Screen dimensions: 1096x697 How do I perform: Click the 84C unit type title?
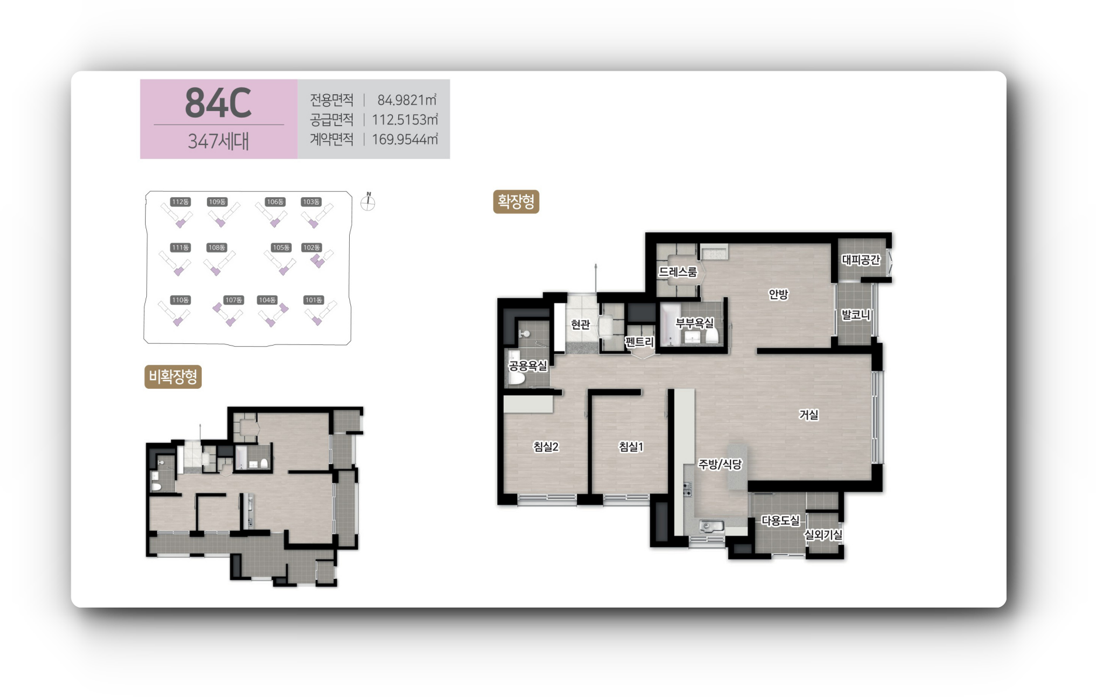(x=218, y=103)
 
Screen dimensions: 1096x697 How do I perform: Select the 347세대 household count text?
(x=218, y=141)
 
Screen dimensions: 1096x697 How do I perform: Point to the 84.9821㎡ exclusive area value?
(x=407, y=100)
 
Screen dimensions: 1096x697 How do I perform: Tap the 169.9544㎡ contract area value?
(x=405, y=139)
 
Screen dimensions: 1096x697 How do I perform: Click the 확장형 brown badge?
(x=516, y=202)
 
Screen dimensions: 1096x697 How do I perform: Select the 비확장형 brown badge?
(x=173, y=377)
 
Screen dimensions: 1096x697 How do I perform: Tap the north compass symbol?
(x=368, y=202)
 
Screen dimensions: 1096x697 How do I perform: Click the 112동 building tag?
(x=180, y=202)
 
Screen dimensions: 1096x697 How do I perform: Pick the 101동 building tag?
(x=313, y=300)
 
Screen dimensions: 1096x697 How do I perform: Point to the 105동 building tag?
(x=281, y=247)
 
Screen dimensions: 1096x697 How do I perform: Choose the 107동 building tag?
(x=233, y=300)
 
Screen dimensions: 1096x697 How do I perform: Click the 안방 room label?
(x=778, y=294)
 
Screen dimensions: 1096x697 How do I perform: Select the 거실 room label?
(x=809, y=415)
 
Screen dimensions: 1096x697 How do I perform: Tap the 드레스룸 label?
(x=678, y=272)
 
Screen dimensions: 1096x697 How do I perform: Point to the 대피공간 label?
(x=860, y=260)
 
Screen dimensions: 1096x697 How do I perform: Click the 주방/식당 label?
(x=720, y=464)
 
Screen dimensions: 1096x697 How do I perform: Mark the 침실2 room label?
(x=546, y=447)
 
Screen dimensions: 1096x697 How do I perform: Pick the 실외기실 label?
(x=823, y=534)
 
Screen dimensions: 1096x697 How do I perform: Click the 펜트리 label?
(x=639, y=342)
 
